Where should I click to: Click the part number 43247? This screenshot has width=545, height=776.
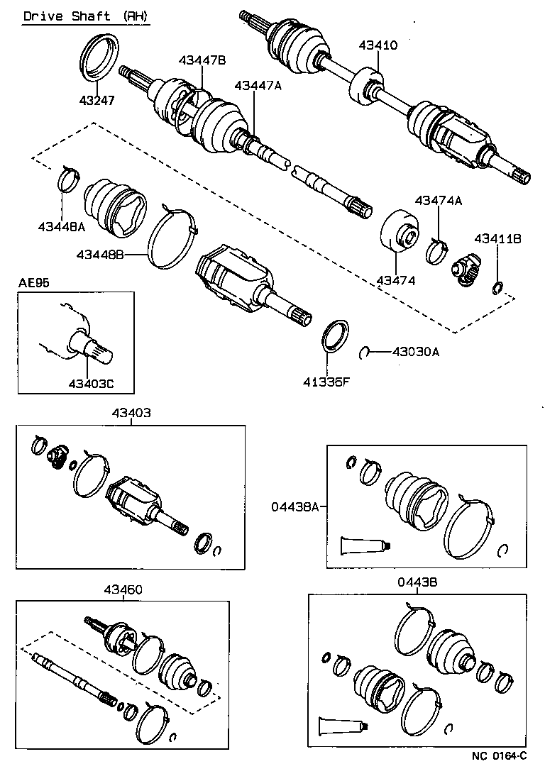(x=96, y=101)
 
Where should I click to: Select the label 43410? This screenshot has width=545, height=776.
(x=378, y=45)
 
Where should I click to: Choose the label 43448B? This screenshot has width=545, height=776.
(x=101, y=253)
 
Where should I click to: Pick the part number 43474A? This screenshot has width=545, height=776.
(x=438, y=201)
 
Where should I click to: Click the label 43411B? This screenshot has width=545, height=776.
(x=497, y=239)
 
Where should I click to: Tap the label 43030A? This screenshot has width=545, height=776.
(x=416, y=351)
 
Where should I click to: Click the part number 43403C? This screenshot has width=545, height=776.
(x=91, y=384)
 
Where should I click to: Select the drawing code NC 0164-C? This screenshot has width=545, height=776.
(x=500, y=756)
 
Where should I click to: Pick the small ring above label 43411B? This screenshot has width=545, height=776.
(x=498, y=287)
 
